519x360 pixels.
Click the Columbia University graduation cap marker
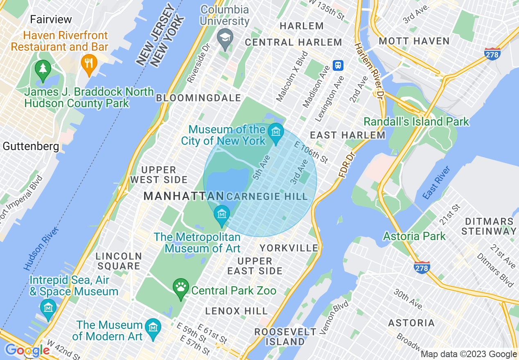[225, 38]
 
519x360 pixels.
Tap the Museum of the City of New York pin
[276, 132]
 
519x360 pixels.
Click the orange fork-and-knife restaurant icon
[88, 64]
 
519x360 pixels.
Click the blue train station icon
[338, 65]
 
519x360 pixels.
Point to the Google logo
[27, 351]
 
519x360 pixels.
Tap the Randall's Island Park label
[416, 122]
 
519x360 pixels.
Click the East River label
[436, 183]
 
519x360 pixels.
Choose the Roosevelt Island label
[285, 336]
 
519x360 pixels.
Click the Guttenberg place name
[31, 146]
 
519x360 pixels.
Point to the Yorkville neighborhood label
[289, 248]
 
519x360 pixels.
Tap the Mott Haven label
[414, 41]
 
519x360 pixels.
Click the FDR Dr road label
[346, 166]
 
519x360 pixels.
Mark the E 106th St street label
[311, 151]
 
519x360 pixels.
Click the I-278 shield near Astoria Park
[422, 268]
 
